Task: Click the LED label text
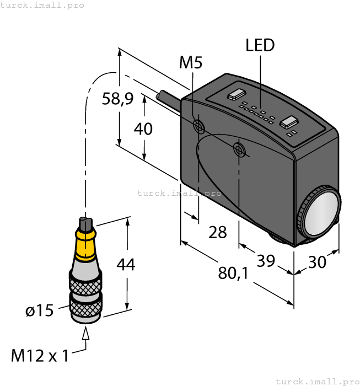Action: point(260,45)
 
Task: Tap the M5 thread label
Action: point(191,63)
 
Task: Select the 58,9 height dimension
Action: point(117,99)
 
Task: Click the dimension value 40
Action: point(143,128)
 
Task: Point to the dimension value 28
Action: point(218,232)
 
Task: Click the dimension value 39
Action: point(266,261)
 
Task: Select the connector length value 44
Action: point(125,265)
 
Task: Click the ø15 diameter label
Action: point(40,311)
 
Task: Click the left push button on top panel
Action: point(237,94)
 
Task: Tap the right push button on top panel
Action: point(289,122)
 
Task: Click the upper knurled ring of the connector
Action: point(85,283)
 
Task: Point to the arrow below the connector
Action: point(85,333)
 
